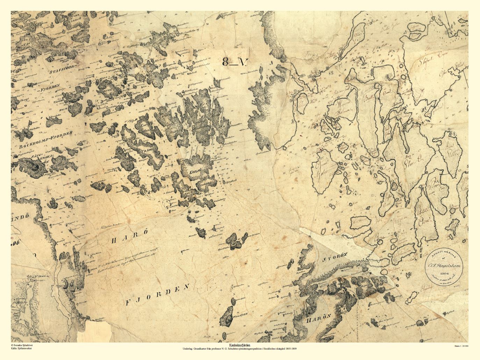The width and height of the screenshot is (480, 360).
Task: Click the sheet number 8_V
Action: point(235,62)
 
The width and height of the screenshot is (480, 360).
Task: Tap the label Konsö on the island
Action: point(194,172)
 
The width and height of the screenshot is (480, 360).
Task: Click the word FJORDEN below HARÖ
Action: point(158,295)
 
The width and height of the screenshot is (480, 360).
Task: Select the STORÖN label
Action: point(335,259)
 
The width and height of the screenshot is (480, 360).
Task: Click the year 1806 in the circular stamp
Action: point(445,273)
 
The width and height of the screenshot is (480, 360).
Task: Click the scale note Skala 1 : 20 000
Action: point(461,346)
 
